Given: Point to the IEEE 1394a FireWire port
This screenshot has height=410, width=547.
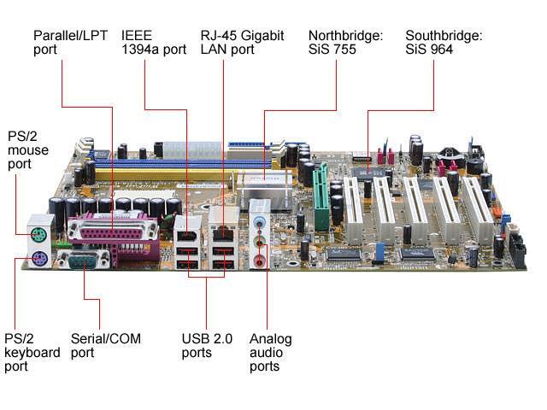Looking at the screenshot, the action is [x=187, y=231].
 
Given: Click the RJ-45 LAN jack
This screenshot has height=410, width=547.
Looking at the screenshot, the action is [x=223, y=231].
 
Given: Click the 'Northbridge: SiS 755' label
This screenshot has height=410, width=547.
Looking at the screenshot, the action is [x=345, y=43].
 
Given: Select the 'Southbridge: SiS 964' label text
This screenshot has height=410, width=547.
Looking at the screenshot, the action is [x=444, y=43].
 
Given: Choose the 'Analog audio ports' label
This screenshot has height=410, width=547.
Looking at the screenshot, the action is [x=270, y=352].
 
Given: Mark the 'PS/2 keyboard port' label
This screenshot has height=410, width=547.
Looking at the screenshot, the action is [x=32, y=352].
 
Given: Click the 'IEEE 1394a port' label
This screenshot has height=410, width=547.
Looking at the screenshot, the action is [x=154, y=43].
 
